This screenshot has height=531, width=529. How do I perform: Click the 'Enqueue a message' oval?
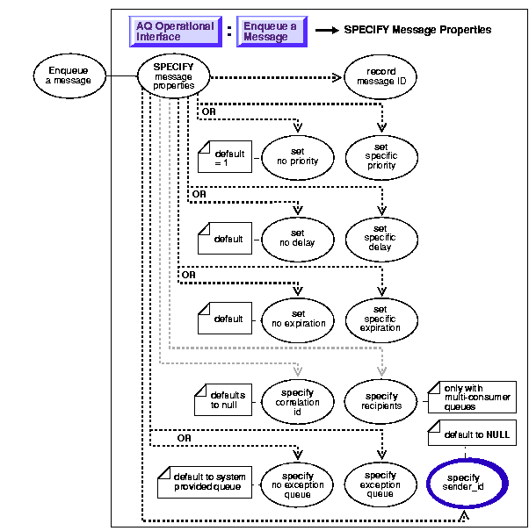[68, 75]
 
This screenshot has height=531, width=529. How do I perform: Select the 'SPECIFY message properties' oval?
[174, 75]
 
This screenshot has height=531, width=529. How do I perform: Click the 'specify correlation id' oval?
[299, 401]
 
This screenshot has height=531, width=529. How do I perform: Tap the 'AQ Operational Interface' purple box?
[175, 32]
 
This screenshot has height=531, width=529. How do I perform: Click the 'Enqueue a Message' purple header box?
[270, 32]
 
